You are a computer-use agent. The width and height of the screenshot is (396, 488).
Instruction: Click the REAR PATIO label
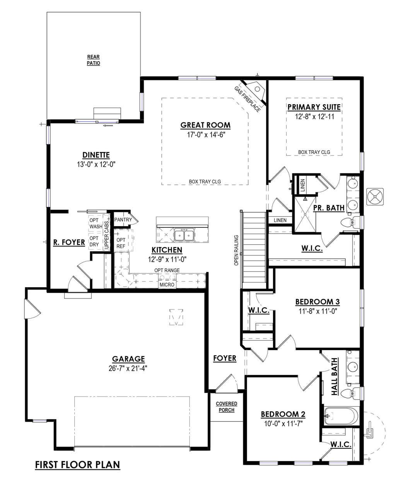click(93, 60)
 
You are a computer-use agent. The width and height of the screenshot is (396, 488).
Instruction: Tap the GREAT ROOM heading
click(205, 125)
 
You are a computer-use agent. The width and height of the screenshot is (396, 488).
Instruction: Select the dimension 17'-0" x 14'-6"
click(205, 135)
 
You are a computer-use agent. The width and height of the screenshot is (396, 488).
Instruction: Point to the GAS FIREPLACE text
click(247, 99)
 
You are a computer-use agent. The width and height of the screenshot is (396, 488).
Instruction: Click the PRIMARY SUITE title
click(314, 107)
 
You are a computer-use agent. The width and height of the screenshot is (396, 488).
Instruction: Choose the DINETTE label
click(96, 155)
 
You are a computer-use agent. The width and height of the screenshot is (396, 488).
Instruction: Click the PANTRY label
click(123, 220)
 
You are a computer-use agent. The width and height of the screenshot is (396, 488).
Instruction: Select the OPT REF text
click(121, 243)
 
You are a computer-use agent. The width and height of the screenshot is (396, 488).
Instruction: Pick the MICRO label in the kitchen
click(167, 285)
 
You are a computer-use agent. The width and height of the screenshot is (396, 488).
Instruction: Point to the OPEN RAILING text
click(236, 251)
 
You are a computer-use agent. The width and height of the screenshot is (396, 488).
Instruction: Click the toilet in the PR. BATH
click(350, 222)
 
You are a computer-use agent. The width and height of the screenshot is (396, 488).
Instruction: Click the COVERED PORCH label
click(227, 407)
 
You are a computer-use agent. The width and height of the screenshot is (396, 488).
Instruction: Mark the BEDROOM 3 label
click(317, 302)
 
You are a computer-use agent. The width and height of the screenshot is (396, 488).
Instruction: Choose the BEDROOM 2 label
click(283, 414)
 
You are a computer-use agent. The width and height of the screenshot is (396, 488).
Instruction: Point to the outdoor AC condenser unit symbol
click(375, 197)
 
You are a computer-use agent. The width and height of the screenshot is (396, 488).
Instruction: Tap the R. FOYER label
click(69, 242)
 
